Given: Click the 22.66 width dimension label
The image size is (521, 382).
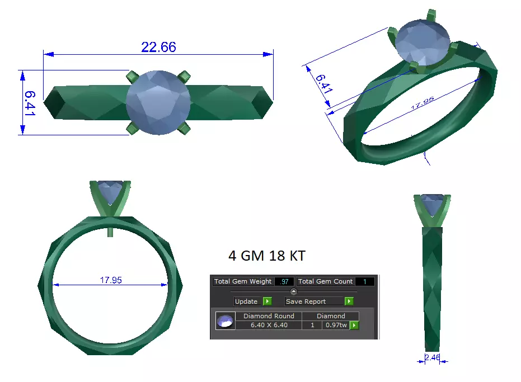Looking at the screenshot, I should [158, 47].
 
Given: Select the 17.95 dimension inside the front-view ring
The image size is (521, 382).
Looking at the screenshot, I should [111, 280].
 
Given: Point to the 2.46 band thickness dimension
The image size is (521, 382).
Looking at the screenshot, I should [432, 357].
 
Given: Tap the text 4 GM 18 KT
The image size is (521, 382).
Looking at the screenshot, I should [267, 256].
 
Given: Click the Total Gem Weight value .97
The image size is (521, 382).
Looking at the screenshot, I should [284, 281].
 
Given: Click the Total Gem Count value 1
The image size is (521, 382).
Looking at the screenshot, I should [364, 281].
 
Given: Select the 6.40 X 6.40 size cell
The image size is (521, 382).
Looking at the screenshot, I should [269, 325].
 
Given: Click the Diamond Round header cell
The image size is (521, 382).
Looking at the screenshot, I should [269, 316].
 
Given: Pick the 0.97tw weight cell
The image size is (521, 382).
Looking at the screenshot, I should [335, 325].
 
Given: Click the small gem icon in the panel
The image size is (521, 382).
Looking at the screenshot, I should [225, 321].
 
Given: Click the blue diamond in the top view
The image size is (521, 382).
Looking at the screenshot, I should [159, 102].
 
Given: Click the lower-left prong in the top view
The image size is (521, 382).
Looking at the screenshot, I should [133, 129].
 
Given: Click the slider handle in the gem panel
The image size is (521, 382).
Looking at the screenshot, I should [294, 291].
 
